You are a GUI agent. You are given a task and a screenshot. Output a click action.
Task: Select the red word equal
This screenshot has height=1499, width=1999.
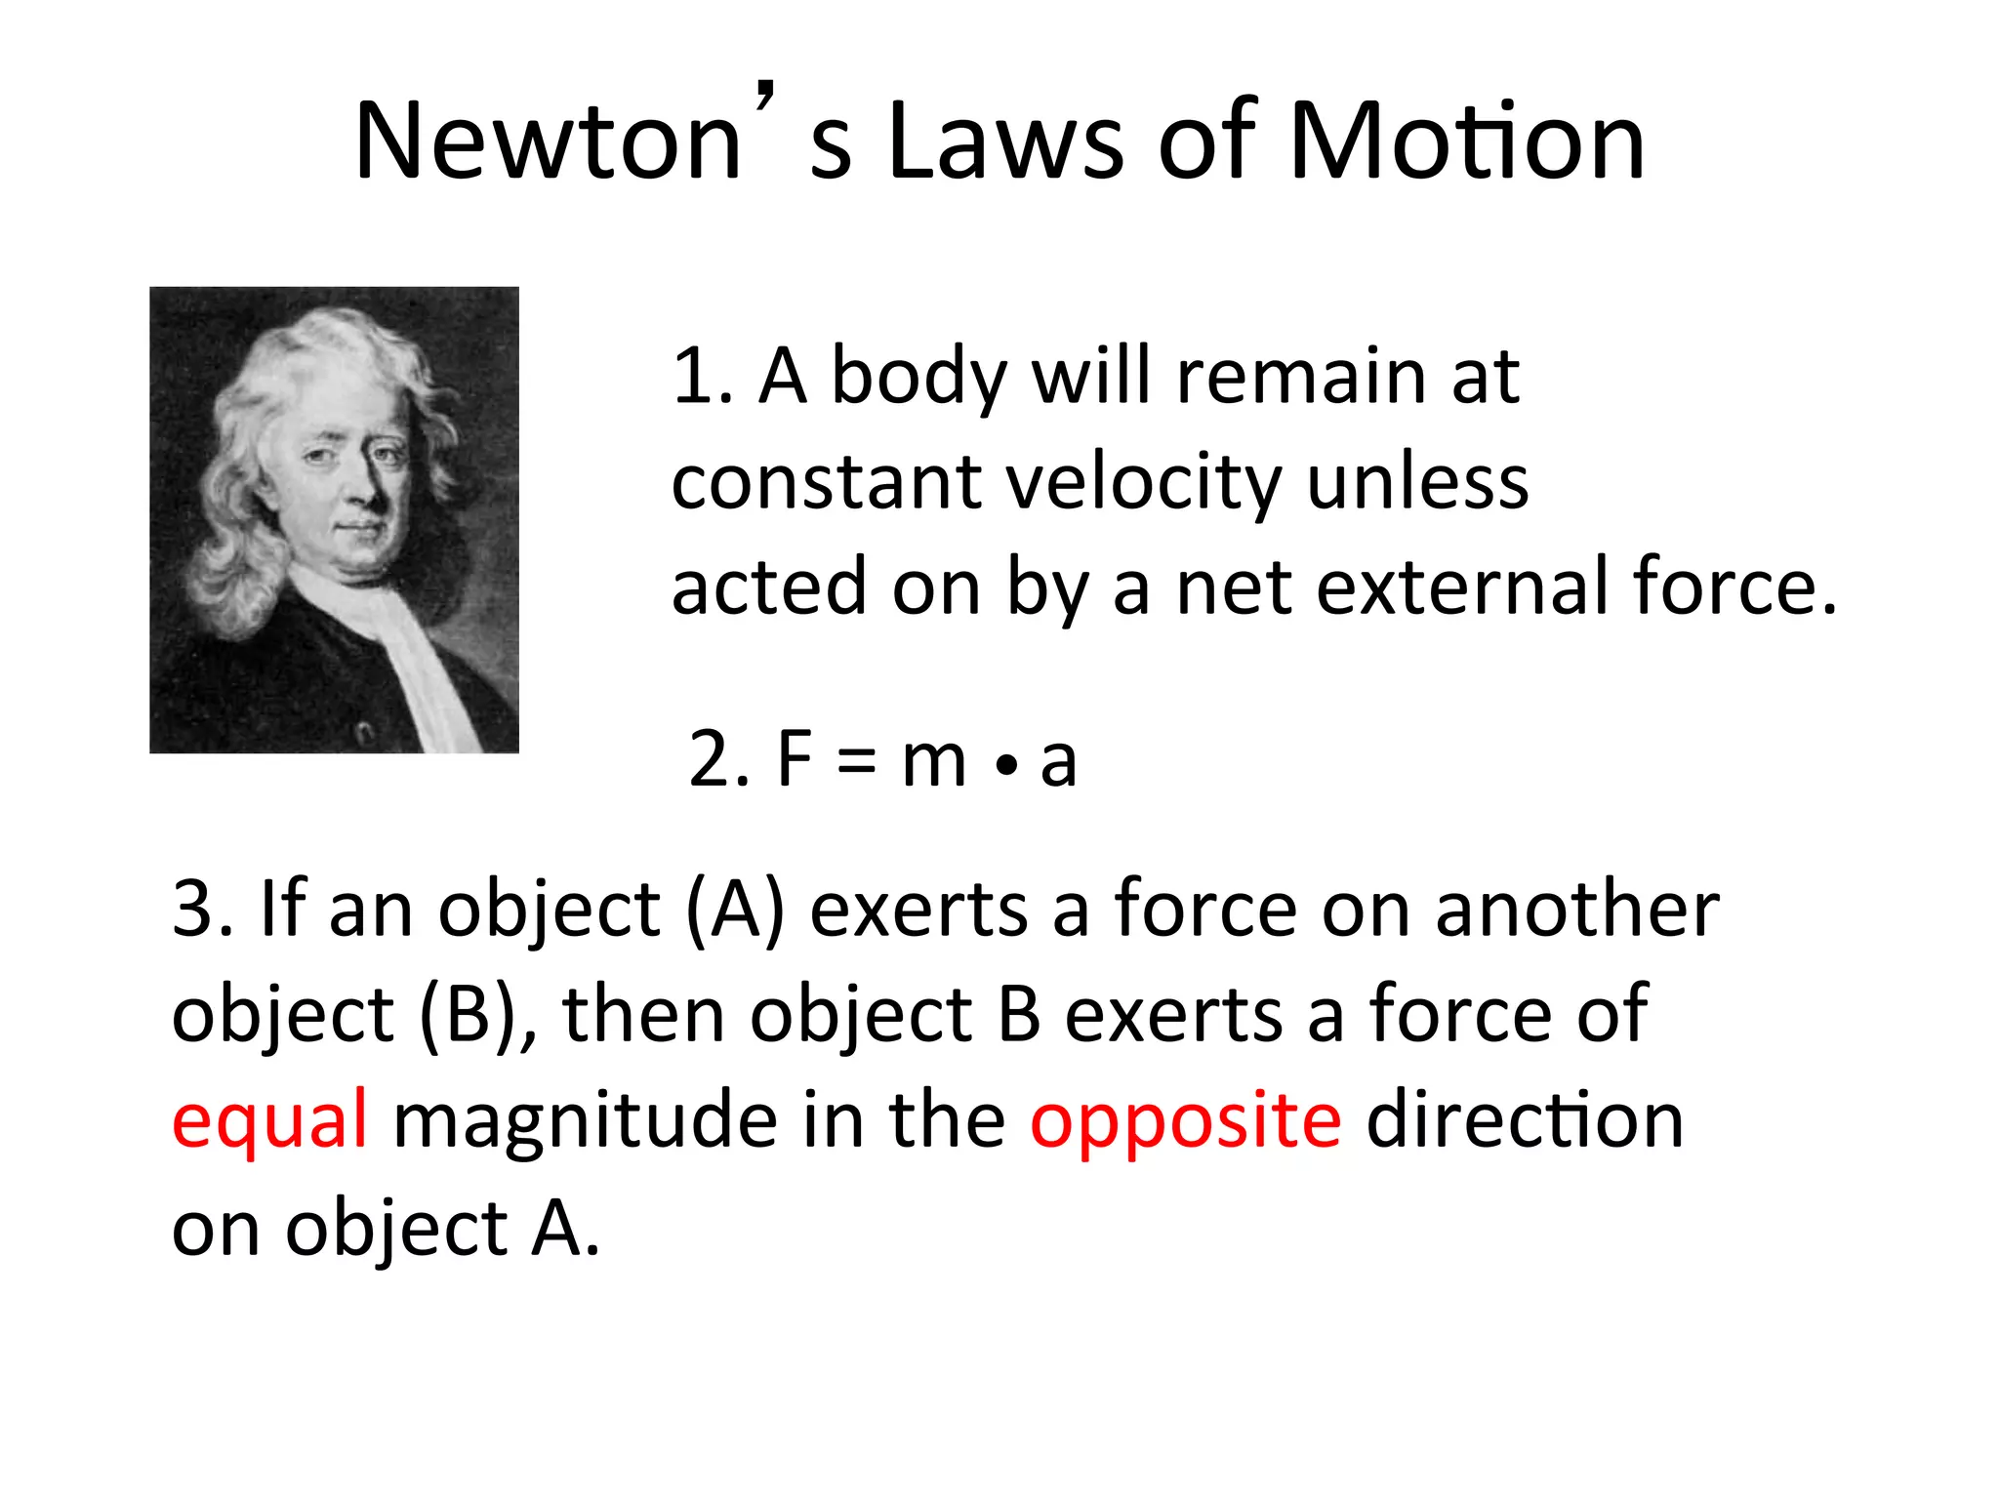click(269, 1120)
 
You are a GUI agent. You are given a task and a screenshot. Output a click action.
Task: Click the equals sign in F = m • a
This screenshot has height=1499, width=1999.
click(856, 762)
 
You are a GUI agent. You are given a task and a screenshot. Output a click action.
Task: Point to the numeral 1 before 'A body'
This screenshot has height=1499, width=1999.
click(695, 377)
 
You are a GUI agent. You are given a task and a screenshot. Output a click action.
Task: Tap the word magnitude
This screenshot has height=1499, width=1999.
click(585, 1120)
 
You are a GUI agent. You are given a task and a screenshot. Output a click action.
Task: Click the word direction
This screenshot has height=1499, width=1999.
click(1525, 1120)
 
